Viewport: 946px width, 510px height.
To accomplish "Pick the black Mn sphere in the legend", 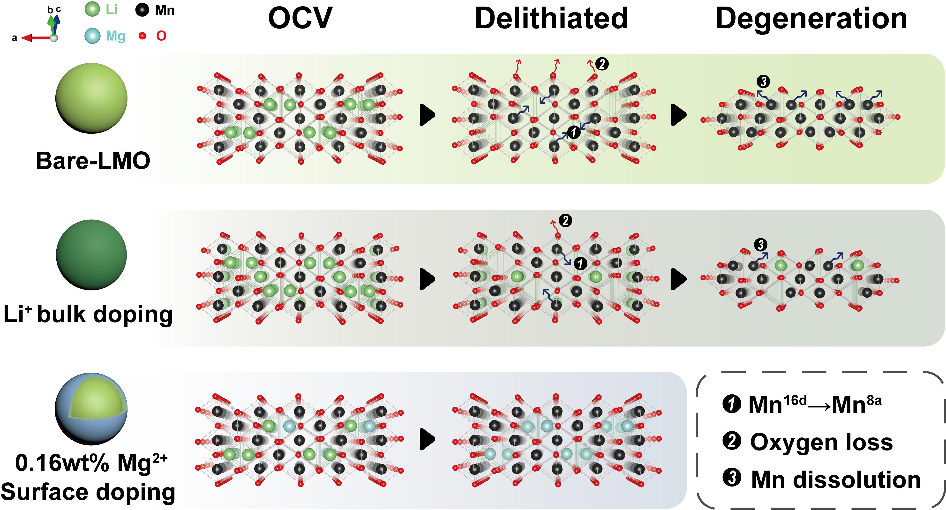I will point(142,10).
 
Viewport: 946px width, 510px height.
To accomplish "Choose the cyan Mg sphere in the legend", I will point(92,36).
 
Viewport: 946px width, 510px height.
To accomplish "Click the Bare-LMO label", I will point(93,161).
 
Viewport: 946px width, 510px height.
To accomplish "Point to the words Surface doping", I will point(88,492).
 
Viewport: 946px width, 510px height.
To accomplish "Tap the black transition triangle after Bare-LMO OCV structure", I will point(427,115).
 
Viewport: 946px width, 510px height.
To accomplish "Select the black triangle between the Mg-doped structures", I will point(427,439).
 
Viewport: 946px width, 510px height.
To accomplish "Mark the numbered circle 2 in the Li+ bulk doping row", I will point(565,221).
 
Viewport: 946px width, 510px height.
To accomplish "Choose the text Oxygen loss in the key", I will point(821,442).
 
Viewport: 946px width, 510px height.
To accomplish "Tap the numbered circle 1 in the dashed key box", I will point(732,404).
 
